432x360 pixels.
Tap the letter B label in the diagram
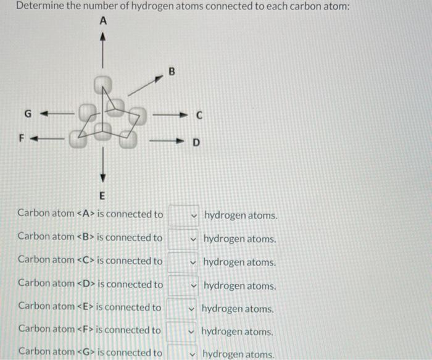173,73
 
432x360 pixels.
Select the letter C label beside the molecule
199,115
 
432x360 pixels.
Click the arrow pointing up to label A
103,52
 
